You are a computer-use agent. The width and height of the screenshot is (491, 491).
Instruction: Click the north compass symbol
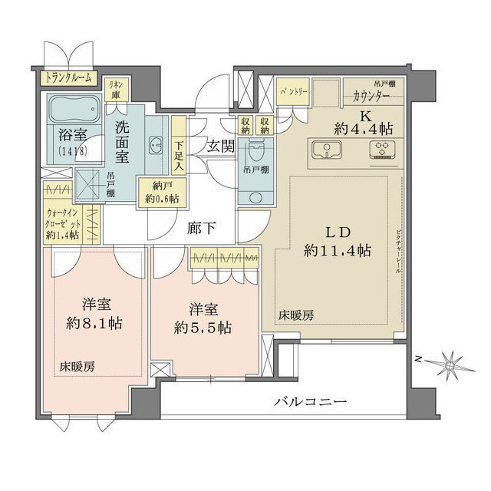coord(443,364)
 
